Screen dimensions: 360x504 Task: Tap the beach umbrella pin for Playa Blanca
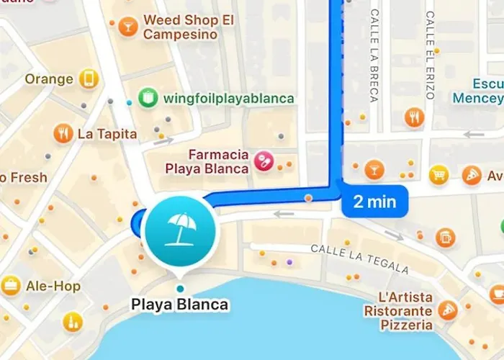coord(179,230)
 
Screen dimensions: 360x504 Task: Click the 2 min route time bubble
coord(374,202)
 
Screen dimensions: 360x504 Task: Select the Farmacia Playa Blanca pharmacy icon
coord(264,161)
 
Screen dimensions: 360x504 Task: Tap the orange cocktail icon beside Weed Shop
coord(129,27)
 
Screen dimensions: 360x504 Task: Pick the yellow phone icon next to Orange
coord(89,78)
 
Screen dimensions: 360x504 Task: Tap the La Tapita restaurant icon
coord(63,133)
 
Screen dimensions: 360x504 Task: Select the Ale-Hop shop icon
coord(11,286)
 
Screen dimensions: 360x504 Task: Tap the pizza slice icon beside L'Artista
coord(449,310)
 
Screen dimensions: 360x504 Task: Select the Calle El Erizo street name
coord(430,55)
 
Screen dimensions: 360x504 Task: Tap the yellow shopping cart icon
coord(438,174)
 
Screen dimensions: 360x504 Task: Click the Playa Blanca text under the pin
coord(179,305)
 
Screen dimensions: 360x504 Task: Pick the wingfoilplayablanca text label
coord(229,98)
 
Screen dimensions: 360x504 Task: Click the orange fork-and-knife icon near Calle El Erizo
coord(413,117)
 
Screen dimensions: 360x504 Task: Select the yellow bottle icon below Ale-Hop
coord(72,322)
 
